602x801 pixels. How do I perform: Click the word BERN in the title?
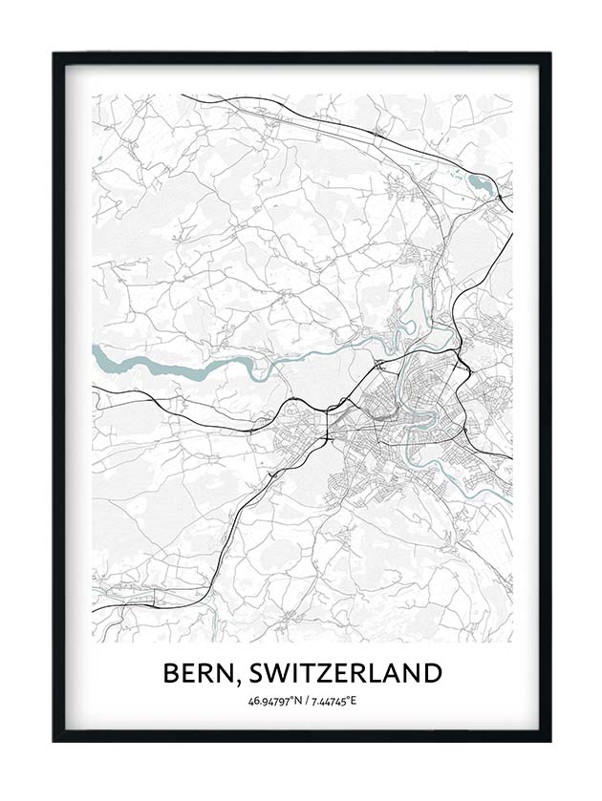point(200,673)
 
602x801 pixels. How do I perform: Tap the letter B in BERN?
point(172,673)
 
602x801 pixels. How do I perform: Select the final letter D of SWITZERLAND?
point(431,673)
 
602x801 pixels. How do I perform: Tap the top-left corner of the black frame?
point(54,53)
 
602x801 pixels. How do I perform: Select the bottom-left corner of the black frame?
point(54,741)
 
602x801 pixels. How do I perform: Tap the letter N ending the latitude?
point(294,702)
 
